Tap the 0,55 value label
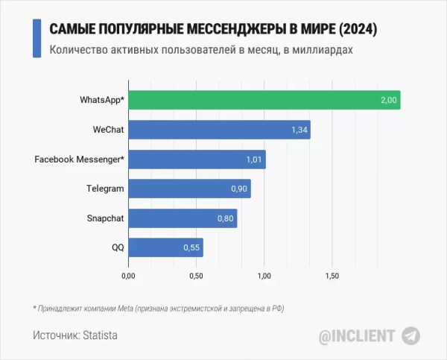tap(192, 247)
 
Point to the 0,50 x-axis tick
tap(196, 277)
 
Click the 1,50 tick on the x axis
tap(332, 277)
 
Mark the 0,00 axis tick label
tap(128, 277)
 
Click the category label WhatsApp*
tap(101, 100)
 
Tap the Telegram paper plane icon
tap(411, 336)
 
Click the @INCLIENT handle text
tap(357, 336)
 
